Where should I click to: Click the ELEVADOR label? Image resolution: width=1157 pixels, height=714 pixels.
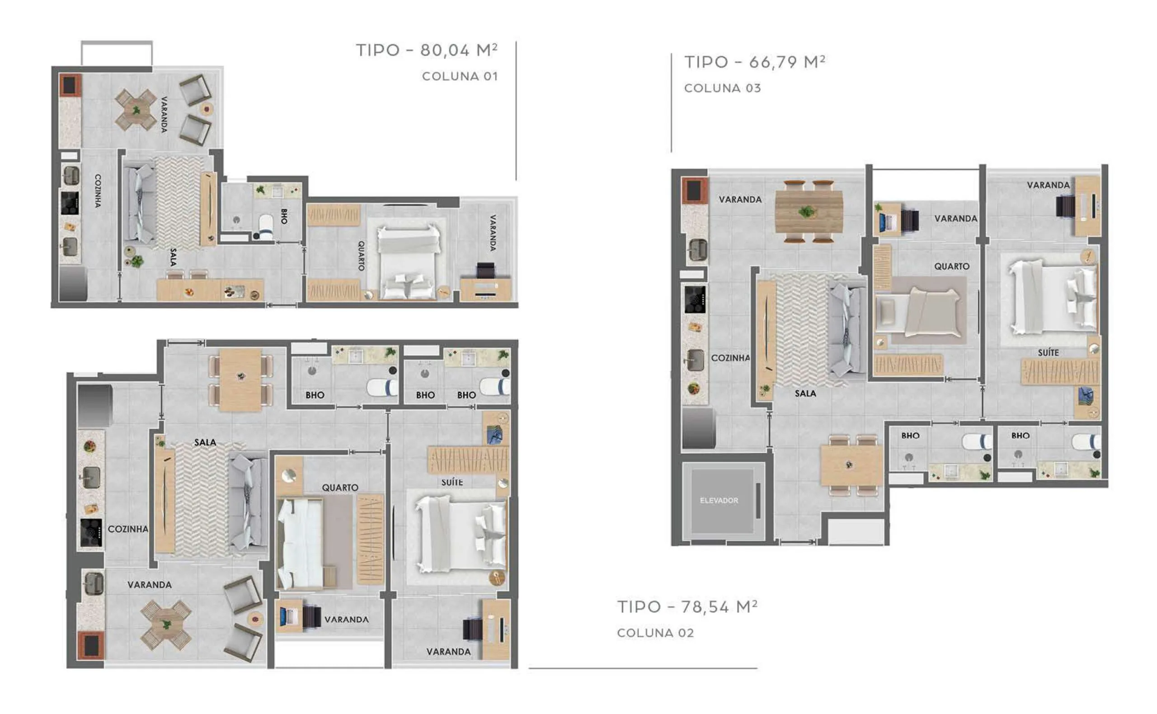pos(719,501)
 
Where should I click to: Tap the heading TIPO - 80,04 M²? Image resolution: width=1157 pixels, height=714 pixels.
pos(427,50)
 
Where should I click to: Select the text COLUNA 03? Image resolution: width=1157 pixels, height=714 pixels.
pos(723,88)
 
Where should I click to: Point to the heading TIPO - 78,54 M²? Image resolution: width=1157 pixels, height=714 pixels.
pos(687,607)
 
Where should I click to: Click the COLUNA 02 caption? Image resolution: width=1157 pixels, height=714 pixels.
pos(655,633)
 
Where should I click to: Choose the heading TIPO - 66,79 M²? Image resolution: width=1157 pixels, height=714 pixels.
pos(755,62)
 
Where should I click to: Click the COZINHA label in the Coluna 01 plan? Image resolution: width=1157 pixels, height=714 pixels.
pos(98,191)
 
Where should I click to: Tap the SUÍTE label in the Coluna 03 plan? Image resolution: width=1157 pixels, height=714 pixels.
pos(1048,352)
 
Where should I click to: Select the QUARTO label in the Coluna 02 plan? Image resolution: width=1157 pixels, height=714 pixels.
pos(340,487)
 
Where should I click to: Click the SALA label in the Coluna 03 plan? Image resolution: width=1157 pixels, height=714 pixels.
pos(805,393)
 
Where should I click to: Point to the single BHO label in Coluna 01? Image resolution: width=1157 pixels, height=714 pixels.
pos(284,216)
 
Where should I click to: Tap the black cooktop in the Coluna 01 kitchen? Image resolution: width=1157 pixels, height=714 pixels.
pos(70,202)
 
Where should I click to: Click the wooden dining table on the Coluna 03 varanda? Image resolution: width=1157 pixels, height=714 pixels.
pos(809,211)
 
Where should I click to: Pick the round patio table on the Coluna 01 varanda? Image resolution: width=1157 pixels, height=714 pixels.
pos(136,110)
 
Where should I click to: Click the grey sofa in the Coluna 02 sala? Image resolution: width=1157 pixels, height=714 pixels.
pos(248,503)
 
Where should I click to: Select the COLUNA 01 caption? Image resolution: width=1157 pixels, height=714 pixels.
pos(460,76)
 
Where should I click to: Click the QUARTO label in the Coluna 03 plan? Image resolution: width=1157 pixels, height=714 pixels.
pos(951,266)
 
